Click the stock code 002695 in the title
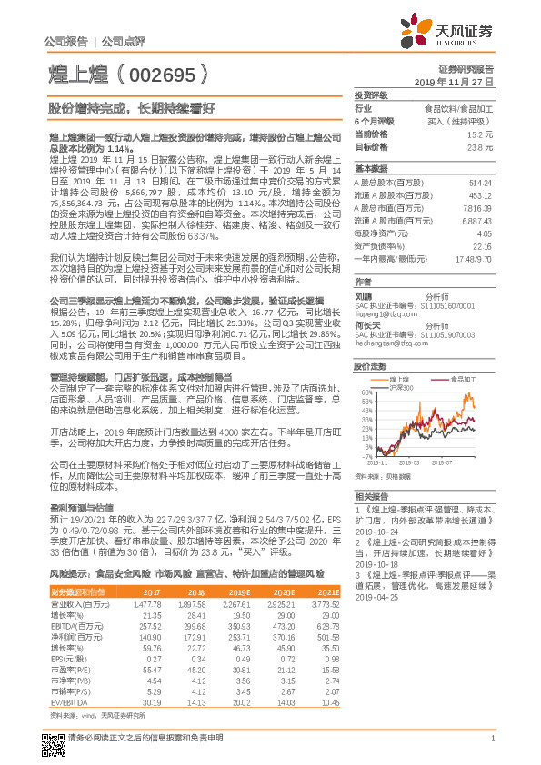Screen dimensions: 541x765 click(x=168, y=73)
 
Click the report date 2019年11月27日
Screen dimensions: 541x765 click(x=459, y=82)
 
